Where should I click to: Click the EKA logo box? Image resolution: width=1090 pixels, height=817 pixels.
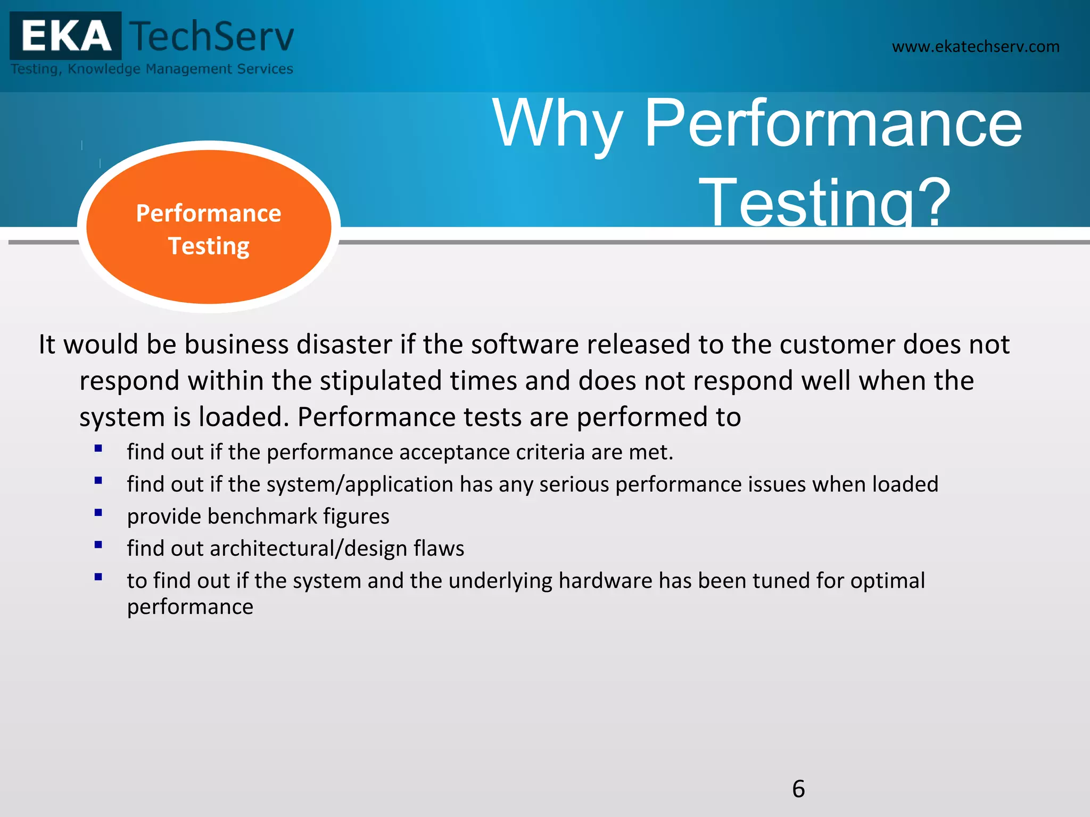click(x=65, y=36)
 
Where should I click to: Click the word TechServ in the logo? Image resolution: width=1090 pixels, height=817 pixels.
click(x=212, y=36)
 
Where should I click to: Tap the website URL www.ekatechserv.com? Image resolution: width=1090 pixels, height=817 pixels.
click(x=975, y=47)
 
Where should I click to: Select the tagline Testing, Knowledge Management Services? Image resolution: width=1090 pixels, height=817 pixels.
click(x=152, y=69)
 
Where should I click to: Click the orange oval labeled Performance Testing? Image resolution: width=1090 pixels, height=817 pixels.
click(x=209, y=228)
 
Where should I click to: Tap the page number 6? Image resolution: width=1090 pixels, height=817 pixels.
click(x=798, y=788)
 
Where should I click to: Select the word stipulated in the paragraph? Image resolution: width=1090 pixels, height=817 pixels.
click(x=381, y=381)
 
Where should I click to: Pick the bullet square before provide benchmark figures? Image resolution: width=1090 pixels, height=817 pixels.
click(x=98, y=513)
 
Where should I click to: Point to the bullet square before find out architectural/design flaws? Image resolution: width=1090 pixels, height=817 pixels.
click(x=98, y=545)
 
